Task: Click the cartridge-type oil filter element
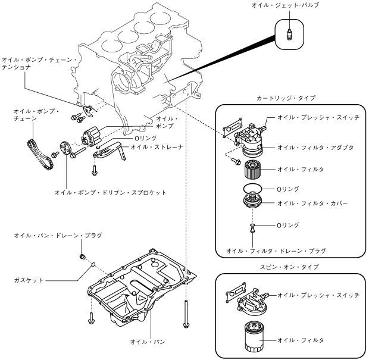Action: [x=251, y=170]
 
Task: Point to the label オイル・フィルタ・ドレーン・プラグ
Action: [x=276, y=251]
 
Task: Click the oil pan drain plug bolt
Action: [x=83, y=256]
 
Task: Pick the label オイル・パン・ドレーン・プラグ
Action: [x=58, y=236]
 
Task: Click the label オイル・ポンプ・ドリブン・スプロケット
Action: [x=110, y=192]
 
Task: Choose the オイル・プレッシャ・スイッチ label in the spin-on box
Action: [x=318, y=295]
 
